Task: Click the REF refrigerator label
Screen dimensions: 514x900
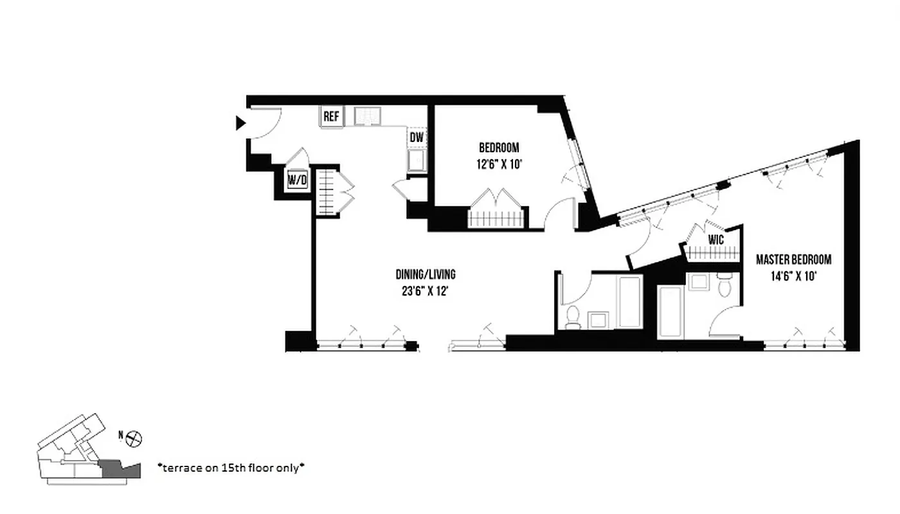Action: [332, 117]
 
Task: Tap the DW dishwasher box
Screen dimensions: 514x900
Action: [417, 137]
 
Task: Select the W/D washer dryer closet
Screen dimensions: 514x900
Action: [297, 181]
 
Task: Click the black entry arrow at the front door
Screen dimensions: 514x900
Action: [240, 123]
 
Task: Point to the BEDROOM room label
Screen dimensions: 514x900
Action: [499, 148]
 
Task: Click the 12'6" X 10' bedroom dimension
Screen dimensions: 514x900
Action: [499, 164]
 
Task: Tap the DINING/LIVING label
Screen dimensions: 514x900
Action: [426, 274]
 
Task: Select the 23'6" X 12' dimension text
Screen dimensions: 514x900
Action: [426, 290]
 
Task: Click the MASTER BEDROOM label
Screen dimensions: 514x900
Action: [793, 260]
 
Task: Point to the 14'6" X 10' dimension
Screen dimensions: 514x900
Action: [793, 277]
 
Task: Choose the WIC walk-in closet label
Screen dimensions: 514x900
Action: [716, 240]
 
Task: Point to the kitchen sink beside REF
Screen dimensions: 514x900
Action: [368, 116]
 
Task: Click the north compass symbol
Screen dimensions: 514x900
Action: [134, 439]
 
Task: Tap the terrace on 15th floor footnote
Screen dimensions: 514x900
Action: [231, 468]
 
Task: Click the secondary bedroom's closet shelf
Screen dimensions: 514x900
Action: [497, 218]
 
